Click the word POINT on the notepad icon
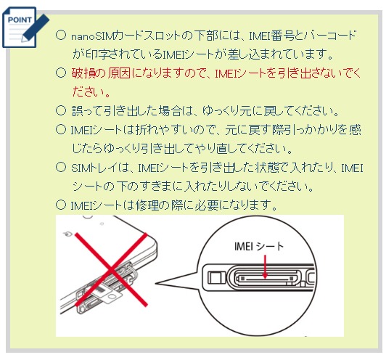(20, 20)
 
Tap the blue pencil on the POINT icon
(36, 28)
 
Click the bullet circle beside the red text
(61, 73)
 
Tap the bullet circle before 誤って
(61, 110)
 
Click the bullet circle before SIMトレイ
(61, 167)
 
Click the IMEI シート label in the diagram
(259, 246)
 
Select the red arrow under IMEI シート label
(265, 267)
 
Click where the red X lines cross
(112, 269)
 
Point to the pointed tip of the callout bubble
(155, 283)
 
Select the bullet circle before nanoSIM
(61, 35)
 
